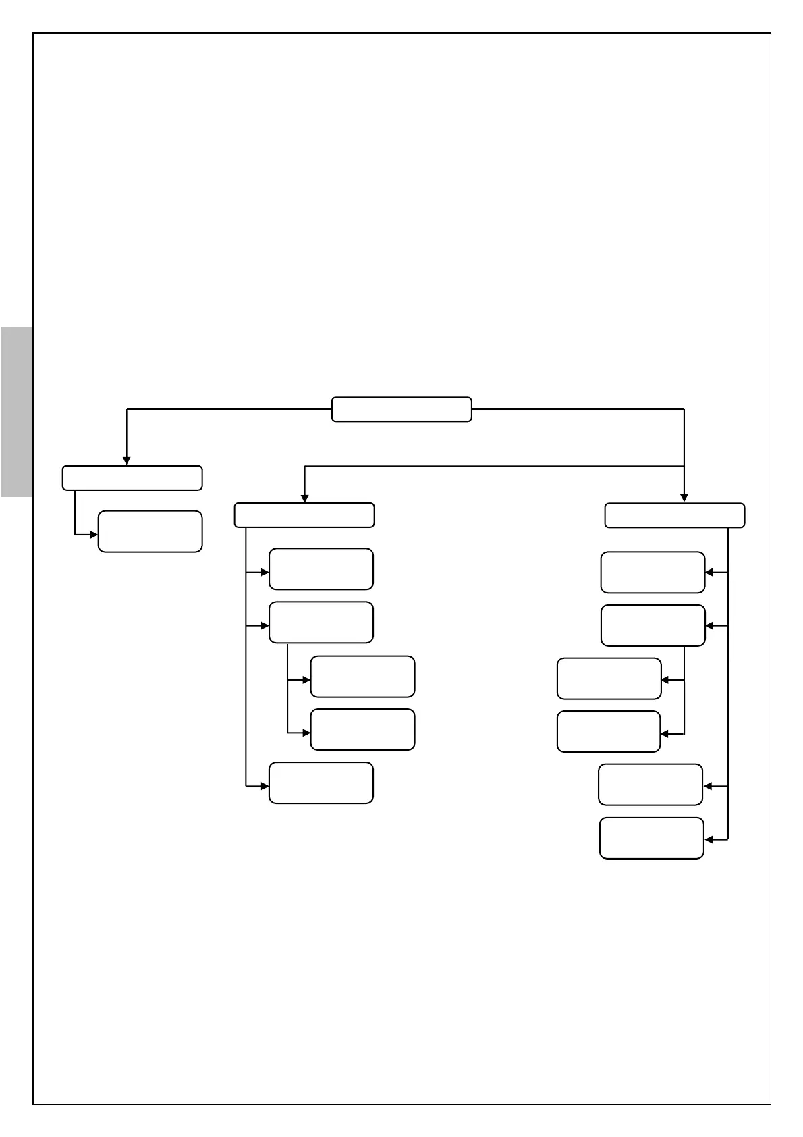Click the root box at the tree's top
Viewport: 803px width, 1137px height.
401,409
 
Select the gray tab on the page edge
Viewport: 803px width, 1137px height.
16,412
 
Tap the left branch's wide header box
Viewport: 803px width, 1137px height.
132,477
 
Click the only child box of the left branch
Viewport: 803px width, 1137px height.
150,531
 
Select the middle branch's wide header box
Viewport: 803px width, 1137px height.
304,514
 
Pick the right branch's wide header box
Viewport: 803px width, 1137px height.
675,515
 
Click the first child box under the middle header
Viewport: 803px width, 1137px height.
321,568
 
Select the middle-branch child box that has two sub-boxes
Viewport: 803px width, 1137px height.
321,622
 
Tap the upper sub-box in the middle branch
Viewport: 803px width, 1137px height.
362,676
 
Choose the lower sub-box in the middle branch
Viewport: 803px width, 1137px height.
362,729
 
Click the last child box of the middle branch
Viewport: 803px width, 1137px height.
321,783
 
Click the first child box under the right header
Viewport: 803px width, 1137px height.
653,572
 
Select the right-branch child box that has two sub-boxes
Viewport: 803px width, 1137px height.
653,625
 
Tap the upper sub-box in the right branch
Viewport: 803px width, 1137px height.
609,679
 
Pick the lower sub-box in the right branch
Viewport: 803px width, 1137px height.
609,731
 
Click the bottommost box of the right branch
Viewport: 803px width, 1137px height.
652,838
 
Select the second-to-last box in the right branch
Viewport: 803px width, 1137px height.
650,785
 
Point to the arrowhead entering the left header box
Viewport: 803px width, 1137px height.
126,461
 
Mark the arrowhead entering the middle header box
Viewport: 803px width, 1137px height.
304,498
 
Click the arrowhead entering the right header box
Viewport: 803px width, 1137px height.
684,498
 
